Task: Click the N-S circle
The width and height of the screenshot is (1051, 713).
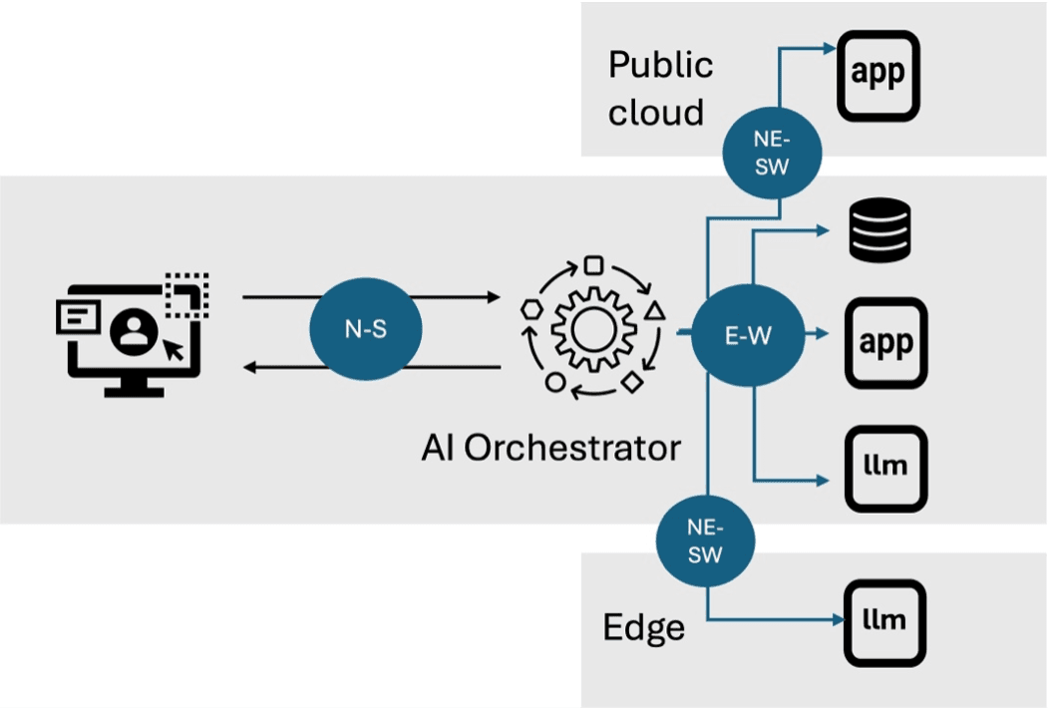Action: [365, 330]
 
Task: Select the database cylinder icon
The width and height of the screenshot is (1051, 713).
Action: [879, 230]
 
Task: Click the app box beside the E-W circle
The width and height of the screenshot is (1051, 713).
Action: [885, 343]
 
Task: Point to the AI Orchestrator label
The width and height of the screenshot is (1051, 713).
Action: [549, 447]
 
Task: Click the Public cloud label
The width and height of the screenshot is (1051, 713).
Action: [660, 88]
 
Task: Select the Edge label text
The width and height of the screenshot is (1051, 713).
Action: [643, 627]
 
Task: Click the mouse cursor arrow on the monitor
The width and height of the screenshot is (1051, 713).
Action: [175, 349]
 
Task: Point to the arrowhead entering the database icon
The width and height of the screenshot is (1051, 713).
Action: [824, 231]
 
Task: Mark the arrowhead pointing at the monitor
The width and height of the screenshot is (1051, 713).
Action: [250, 368]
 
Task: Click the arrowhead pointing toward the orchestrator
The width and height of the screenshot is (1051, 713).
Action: [491, 297]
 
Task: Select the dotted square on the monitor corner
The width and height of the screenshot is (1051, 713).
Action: [187, 296]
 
